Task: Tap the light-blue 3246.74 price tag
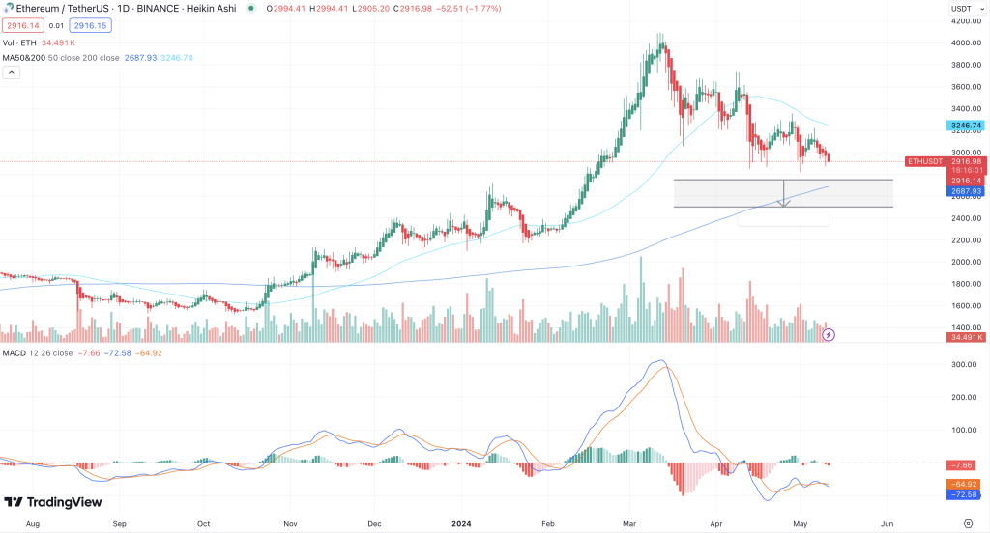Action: pos(966,126)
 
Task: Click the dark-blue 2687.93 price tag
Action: pos(966,191)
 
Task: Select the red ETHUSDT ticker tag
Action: pos(924,161)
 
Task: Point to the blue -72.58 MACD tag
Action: pos(966,494)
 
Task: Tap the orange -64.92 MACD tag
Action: pos(966,484)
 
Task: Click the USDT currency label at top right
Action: pos(961,9)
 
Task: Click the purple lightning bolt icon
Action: pos(829,334)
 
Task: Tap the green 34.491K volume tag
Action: pos(966,337)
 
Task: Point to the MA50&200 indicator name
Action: pos(25,58)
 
